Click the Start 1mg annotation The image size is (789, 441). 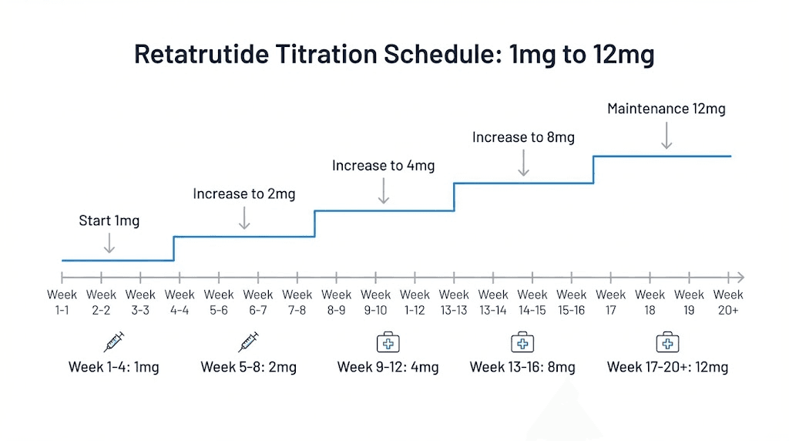click(x=109, y=221)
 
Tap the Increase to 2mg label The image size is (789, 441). click(x=243, y=194)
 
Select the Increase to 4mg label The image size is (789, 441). click(x=383, y=166)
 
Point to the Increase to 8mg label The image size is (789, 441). click(x=523, y=137)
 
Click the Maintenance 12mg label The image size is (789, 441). click(x=666, y=109)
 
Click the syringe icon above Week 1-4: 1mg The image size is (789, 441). click(x=113, y=342)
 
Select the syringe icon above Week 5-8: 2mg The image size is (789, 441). click(x=248, y=342)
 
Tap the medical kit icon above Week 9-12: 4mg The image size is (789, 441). click(x=388, y=342)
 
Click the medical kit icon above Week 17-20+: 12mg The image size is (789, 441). click(x=666, y=342)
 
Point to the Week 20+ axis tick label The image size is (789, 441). click(x=728, y=301)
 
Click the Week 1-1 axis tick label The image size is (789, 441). click(x=62, y=301)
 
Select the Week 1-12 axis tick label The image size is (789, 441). click(x=415, y=301)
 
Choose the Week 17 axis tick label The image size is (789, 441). click(x=611, y=301)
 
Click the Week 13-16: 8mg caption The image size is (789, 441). click(x=522, y=367)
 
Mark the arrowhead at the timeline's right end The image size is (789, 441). click(x=740, y=277)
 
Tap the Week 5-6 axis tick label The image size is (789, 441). click(x=219, y=301)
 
